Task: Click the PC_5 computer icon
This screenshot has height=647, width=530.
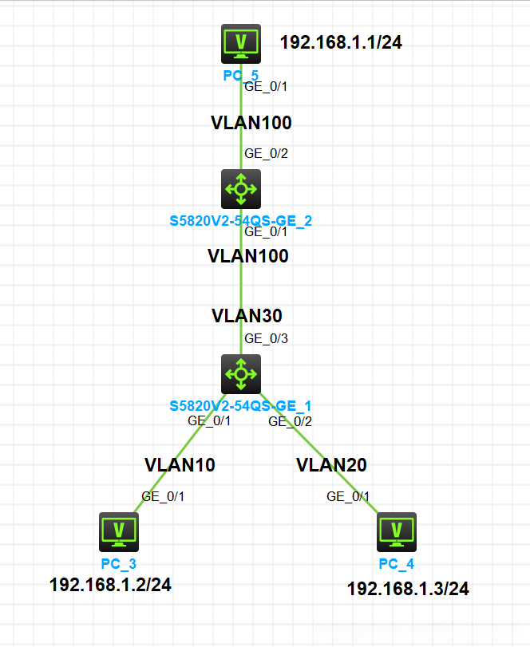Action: [241, 43]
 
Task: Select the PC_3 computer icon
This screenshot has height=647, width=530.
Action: [119, 531]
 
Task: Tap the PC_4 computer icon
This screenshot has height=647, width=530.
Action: [397, 531]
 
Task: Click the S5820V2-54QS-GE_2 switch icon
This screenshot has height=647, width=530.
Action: [241, 189]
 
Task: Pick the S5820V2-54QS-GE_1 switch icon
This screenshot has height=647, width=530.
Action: [241, 373]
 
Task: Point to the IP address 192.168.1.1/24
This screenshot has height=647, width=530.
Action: [341, 42]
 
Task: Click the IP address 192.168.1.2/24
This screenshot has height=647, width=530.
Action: [110, 585]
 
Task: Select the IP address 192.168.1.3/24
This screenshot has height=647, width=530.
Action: [408, 589]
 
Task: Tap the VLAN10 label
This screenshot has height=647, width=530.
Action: [180, 464]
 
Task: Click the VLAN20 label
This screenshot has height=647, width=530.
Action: [331, 464]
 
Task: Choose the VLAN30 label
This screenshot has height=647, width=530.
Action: [247, 315]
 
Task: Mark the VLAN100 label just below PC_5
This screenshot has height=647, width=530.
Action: [251, 123]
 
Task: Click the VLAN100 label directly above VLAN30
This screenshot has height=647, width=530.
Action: [247, 256]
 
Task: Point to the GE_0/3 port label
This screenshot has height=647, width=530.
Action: [266, 338]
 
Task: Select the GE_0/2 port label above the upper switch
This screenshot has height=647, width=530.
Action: [266, 153]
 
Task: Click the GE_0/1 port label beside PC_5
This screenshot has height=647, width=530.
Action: [266, 85]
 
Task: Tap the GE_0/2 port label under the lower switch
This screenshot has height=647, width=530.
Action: [290, 421]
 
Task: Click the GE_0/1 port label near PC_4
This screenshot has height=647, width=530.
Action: [348, 496]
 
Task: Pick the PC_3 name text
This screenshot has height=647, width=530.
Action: [119, 564]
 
